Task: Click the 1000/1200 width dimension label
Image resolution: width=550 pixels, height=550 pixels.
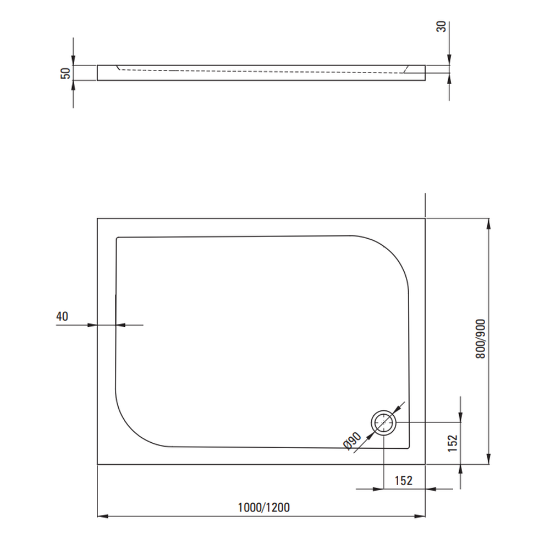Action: point(264,507)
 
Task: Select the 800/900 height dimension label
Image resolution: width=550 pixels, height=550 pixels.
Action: point(481,338)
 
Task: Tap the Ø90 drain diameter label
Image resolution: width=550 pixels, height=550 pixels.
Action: point(352,441)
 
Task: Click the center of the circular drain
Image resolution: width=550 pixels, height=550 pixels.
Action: point(384,422)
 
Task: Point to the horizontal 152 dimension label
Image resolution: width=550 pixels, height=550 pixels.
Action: point(403,480)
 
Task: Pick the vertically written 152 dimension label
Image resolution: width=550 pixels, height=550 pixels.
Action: point(453,443)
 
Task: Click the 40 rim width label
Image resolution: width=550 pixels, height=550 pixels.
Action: point(62,316)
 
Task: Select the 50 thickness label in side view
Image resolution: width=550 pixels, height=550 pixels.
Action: point(65,73)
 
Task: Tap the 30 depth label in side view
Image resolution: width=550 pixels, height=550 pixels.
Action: point(441,26)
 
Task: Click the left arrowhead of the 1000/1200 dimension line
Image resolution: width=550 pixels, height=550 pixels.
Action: point(102,516)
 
